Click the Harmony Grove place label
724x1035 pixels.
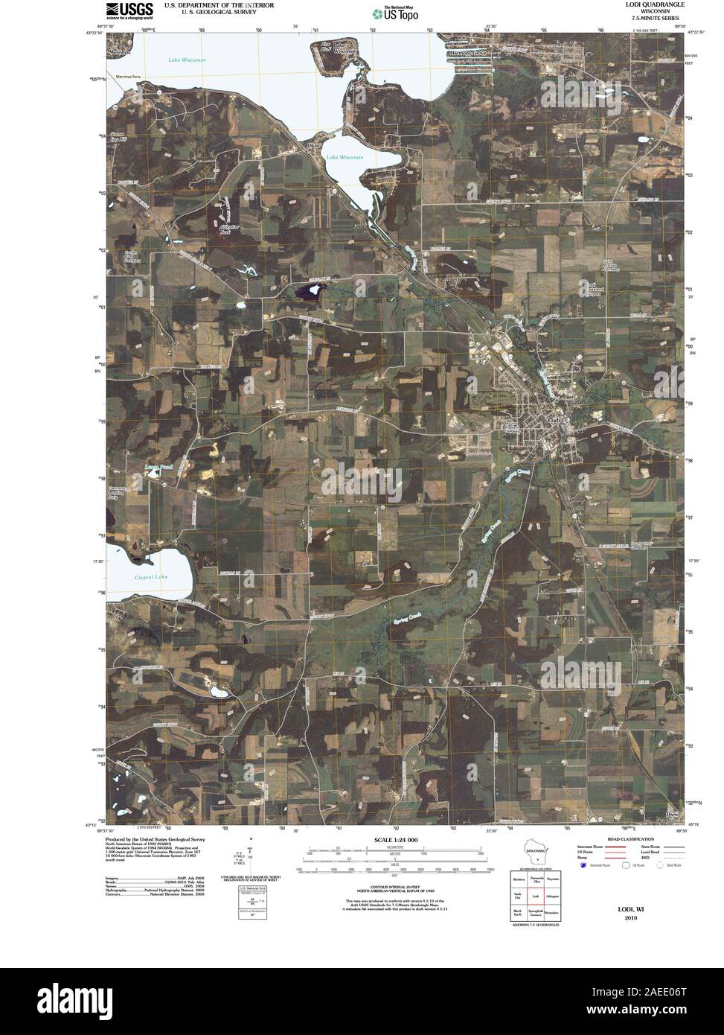(x=467, y=54)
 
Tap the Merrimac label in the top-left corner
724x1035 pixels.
(x=118, y=54)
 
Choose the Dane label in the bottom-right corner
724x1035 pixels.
(x=673, y=813)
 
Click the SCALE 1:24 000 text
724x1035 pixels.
(x=396, y=840)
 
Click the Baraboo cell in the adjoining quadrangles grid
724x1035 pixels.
(x=519, y=879)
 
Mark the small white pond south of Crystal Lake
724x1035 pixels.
(x=219, y=692)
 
